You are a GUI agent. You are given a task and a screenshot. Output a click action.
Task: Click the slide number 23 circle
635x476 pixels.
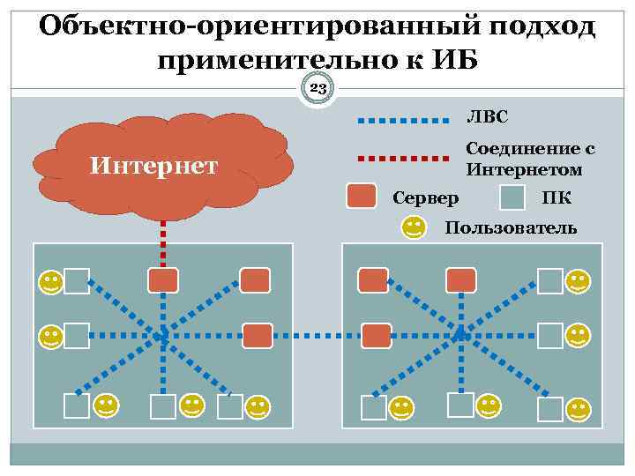(x=318, y=89)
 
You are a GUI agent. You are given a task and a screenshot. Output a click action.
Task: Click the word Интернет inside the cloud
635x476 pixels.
(x=154, y=165)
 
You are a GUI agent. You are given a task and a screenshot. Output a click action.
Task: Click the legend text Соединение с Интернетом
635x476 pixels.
(x=524, y=159)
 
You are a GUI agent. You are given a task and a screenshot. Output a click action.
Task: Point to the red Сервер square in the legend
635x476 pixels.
(x=362, y=197)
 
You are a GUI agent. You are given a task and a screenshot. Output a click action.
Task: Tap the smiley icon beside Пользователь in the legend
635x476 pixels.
(x=414, y=228)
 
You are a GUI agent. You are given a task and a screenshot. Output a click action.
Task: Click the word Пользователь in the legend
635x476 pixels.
(x=512, y=228)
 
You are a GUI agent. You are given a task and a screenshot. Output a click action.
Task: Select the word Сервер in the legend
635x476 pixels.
(x=426, y=197)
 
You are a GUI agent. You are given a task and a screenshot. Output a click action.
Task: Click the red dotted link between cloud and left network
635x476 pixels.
(x=163, y=240)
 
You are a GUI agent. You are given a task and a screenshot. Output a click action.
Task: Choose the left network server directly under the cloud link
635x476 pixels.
(x=163, y=279)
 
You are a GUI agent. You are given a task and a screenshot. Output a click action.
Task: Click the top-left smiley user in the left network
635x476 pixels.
(x=50, y=283)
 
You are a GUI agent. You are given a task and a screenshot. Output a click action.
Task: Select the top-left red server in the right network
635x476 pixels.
(x=373, y=280)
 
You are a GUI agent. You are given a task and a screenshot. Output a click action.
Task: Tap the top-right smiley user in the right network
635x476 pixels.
(x=579, y=282)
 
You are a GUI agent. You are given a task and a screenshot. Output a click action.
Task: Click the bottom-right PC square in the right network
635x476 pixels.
(x=550, y=408)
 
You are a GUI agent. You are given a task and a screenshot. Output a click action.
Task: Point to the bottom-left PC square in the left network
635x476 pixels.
(x=77, y=405)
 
